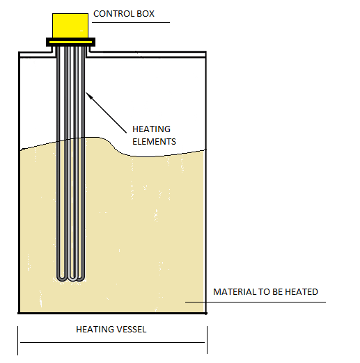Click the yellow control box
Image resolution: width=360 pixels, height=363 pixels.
pos(70,26)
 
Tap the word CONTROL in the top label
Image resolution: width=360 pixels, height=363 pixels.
pos(114,14)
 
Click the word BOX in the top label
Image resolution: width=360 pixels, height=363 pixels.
pos(146,14)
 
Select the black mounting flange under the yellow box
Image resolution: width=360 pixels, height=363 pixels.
pos(70,42)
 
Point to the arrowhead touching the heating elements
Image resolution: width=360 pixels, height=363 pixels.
pos(88,95)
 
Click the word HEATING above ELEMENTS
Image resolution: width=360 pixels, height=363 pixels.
pos(151,129)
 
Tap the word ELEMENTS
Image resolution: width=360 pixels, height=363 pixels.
pos(154,141)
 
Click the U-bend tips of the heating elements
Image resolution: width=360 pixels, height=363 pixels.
pos(71,277)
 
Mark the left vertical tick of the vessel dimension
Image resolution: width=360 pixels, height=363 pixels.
pos(17,341)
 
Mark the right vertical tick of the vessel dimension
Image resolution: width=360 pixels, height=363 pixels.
pos(207,340)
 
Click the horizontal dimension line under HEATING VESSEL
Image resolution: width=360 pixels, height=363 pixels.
pos(112,342)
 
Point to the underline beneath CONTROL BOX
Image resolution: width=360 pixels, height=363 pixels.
pos(131,22)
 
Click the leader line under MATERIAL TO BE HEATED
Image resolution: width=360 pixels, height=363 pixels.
pos(256,302)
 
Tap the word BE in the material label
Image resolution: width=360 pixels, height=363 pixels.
pos(277,292)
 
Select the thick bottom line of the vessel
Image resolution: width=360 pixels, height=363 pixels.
pos(112,313)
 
